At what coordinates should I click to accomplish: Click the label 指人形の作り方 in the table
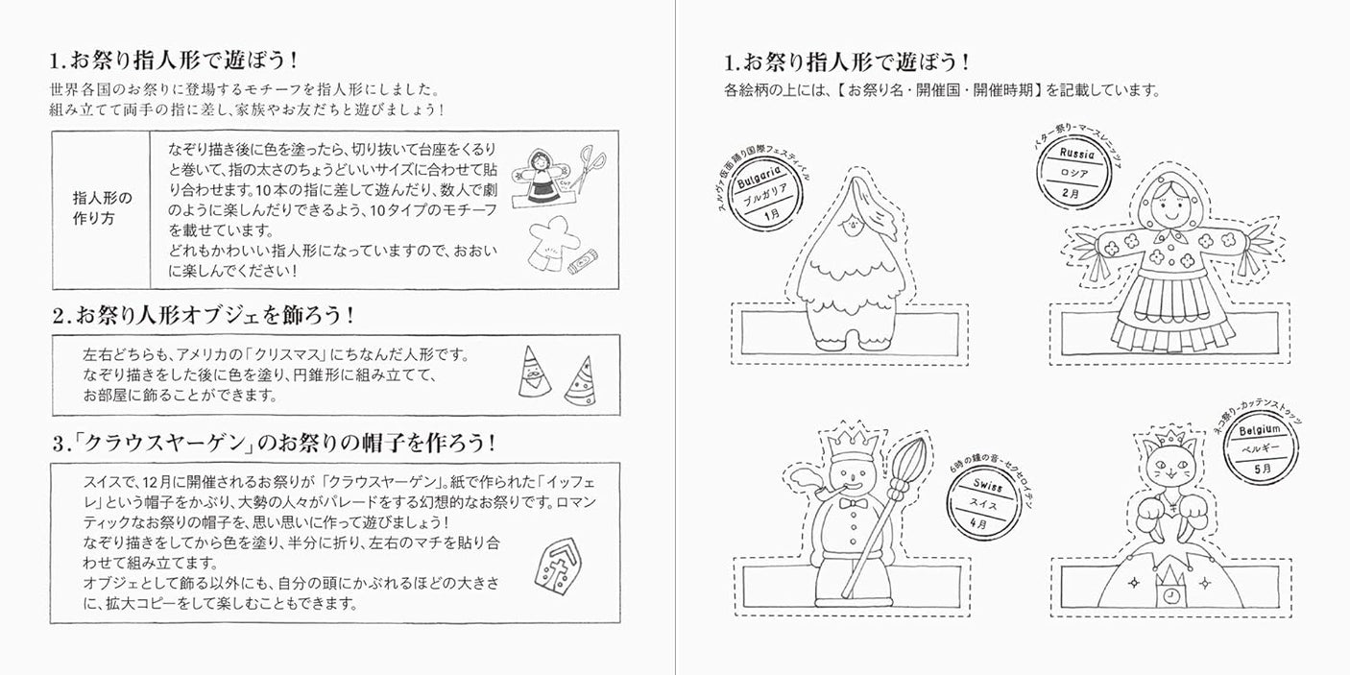click(x=102, y=208)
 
